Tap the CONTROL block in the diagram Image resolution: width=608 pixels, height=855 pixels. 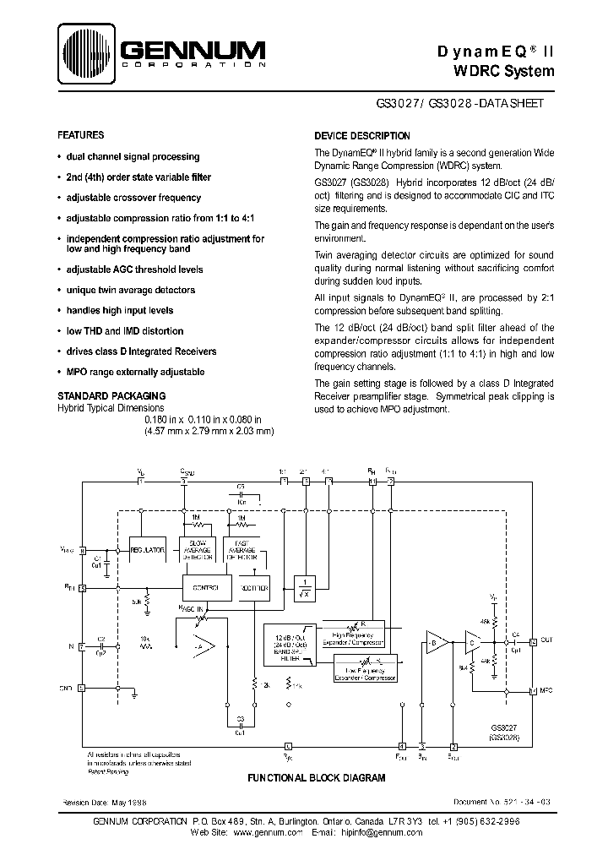coord(206,587)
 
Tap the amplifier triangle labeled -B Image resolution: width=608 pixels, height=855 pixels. coord(437,643)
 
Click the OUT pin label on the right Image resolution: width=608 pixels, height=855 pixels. coord(547,641)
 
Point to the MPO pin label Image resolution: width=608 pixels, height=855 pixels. coord(548,691)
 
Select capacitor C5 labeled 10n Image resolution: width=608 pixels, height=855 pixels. coord(241,495)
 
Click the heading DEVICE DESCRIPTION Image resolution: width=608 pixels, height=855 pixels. coord(362,136)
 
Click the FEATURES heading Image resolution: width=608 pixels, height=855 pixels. coord(80,135)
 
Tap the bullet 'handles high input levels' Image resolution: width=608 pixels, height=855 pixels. coord(119,311)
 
